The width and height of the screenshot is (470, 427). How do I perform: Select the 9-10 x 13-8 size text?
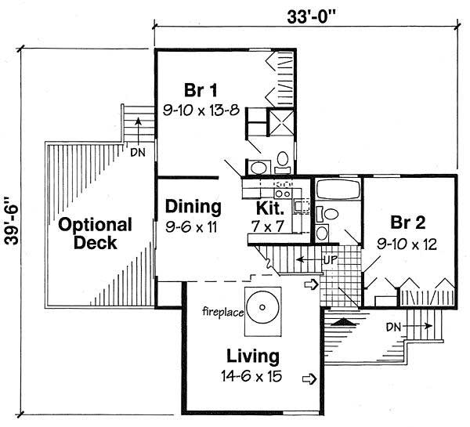pos(201,111)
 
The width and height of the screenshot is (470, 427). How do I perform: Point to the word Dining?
pos(193,207)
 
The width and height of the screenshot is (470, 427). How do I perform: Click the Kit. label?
pos(272,208)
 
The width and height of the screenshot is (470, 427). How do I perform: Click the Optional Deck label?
pos(96,233)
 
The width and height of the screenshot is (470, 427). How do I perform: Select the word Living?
pos(252,356)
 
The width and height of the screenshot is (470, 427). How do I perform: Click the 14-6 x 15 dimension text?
pos(252,377)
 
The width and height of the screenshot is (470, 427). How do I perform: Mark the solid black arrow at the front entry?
pos(342,320)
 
